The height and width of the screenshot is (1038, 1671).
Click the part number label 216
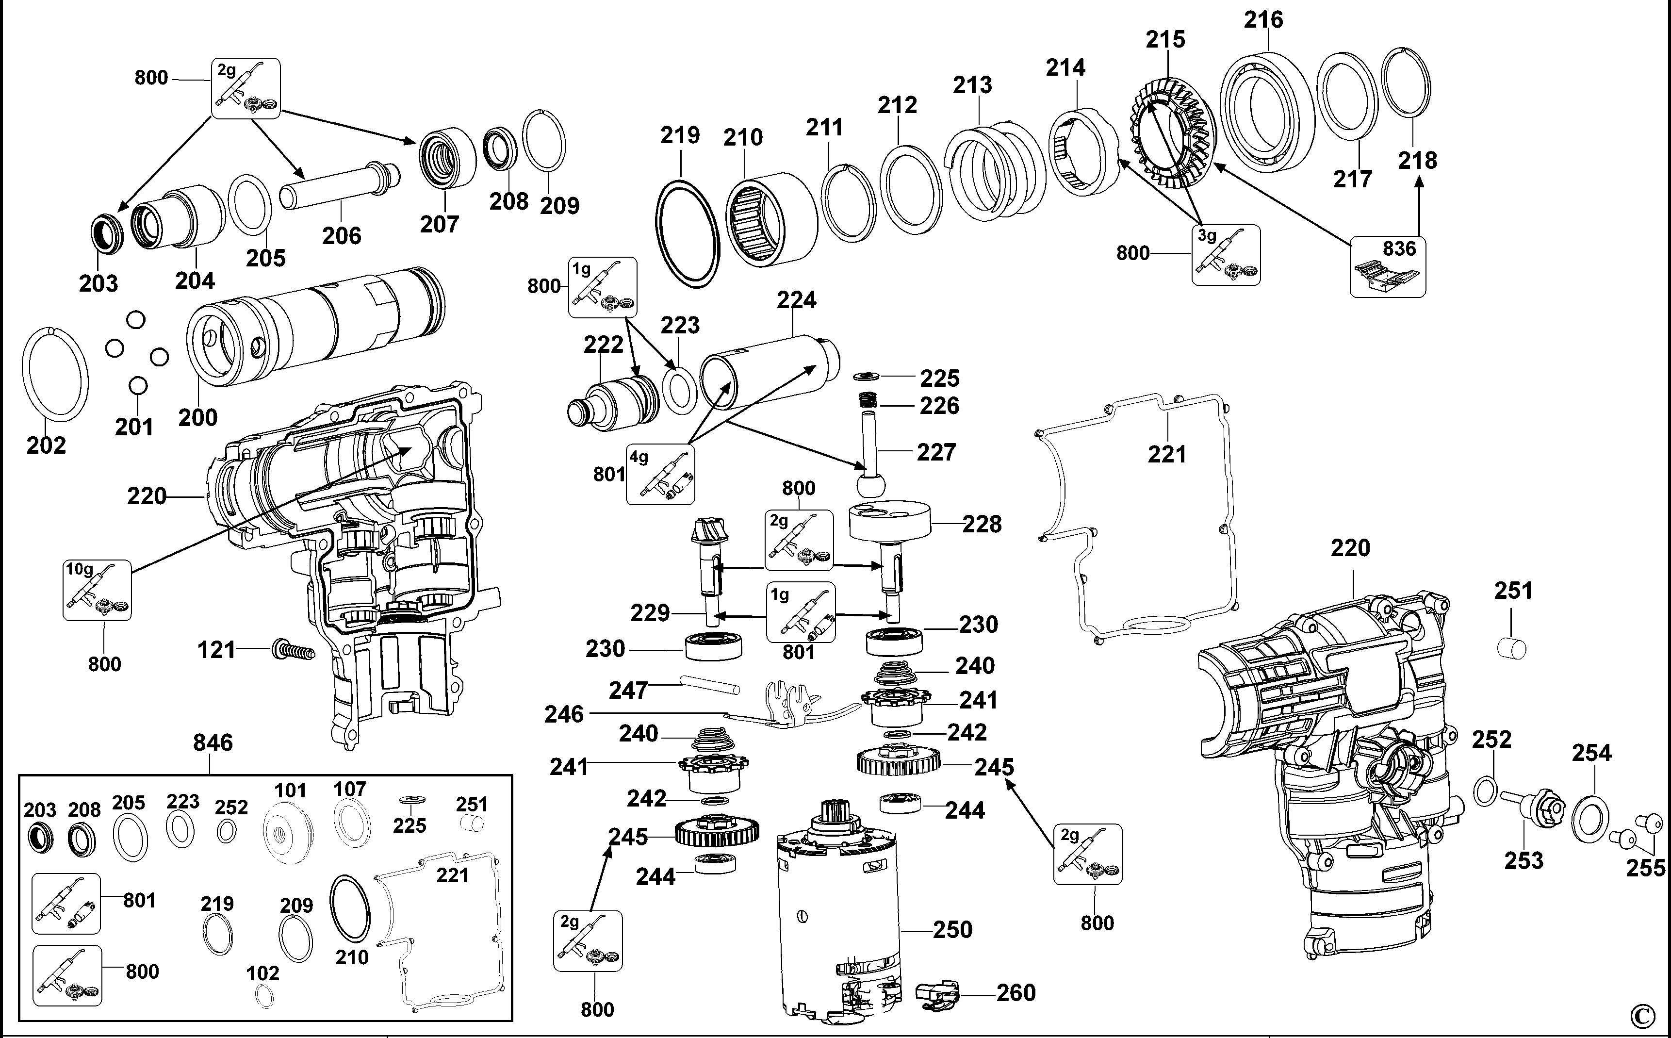(x=1263, y=20)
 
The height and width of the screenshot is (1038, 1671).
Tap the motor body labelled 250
(x=837, y=920)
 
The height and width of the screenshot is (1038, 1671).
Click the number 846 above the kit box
(x=213, y=743)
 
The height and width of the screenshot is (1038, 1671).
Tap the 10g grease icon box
(x=98, y=590)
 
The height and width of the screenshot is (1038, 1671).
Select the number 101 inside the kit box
(x=290, y=790)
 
